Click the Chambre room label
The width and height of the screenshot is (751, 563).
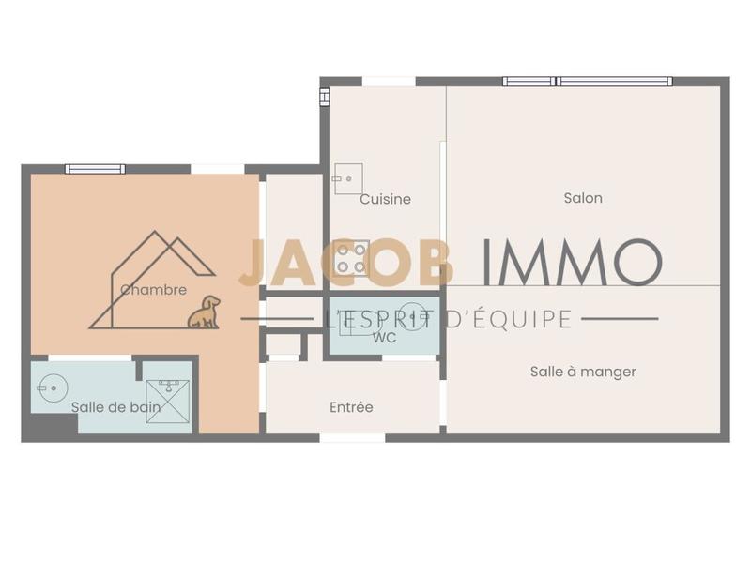coord(153,290)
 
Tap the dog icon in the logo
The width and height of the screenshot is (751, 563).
coord(204,312)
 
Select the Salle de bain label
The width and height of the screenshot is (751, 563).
coord(115,407)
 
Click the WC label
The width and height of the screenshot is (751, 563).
coord(383,337)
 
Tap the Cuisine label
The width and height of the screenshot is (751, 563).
coord(385,199)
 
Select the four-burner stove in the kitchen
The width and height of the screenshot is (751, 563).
coord(352,257)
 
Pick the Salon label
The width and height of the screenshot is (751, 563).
coord(583,198)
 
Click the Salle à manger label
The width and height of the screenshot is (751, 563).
coord(583,372)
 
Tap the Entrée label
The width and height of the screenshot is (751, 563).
coord(351,407)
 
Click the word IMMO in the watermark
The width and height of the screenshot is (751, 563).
coord(571,262)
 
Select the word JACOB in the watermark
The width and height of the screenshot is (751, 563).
coord(345,262)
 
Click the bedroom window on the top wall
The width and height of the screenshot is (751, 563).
coord(95,169)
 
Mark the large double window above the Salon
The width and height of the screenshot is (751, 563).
coord(588,82)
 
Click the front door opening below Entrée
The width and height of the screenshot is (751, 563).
coord(353,437)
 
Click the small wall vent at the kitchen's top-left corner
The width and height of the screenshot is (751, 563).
coord(325,96)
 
